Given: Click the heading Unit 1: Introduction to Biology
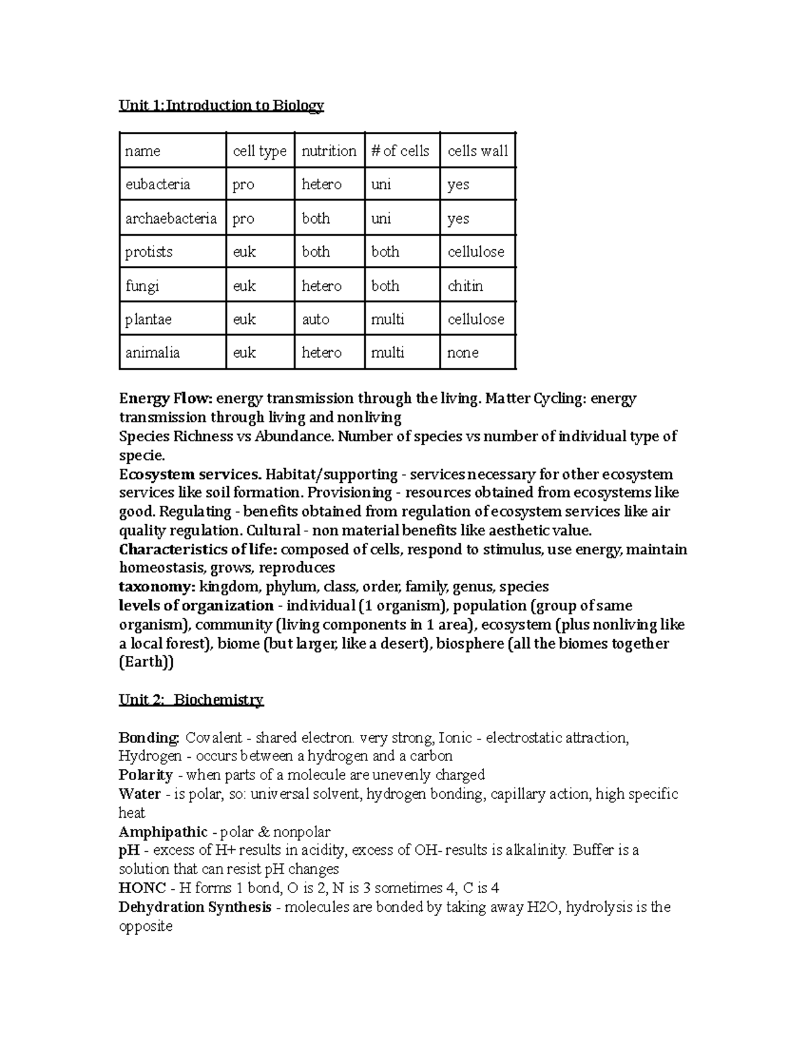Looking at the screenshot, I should point(221,106).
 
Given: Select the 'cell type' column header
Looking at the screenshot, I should point(259,151).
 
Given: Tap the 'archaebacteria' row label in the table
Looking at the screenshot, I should point(171,218).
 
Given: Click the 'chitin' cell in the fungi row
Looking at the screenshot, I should point(465,286).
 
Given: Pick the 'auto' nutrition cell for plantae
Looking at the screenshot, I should point(315,319).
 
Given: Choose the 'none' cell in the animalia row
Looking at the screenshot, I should point(463,353).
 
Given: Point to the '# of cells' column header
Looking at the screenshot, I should point(400,151).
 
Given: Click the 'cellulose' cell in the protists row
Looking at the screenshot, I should point(476,252).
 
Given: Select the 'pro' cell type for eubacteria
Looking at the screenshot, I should point(243,185).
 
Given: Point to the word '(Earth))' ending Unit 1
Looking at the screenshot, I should point(146,662).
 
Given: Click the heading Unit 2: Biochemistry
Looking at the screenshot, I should point(191,700).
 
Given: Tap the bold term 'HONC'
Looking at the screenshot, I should point(141,888).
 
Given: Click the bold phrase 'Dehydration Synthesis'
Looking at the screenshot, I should point(195,907).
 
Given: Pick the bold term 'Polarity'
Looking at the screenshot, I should point(145,775).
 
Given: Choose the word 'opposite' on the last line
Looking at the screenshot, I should point(145,926).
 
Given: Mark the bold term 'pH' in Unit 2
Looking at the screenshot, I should point(129,851).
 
